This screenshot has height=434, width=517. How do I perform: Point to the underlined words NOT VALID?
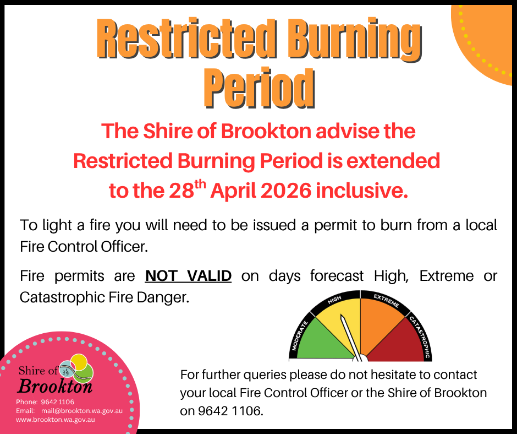(188, 275)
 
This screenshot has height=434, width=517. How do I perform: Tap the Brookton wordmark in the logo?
(55, 385)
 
